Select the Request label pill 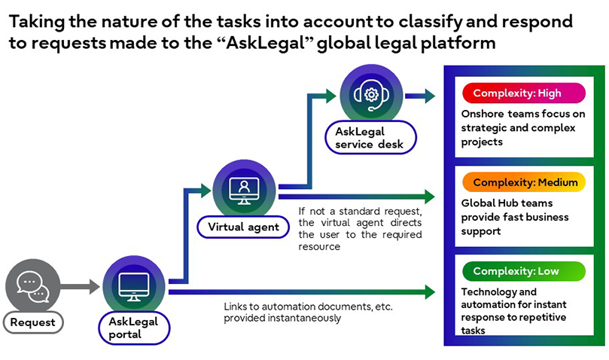[32, 323]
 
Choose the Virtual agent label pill [238, 225]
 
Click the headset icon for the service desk [371, 94]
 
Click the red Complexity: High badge [522, 93]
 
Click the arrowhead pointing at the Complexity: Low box [430, 291]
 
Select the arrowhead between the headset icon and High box [429, 96]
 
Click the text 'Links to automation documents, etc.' [308, 307]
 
